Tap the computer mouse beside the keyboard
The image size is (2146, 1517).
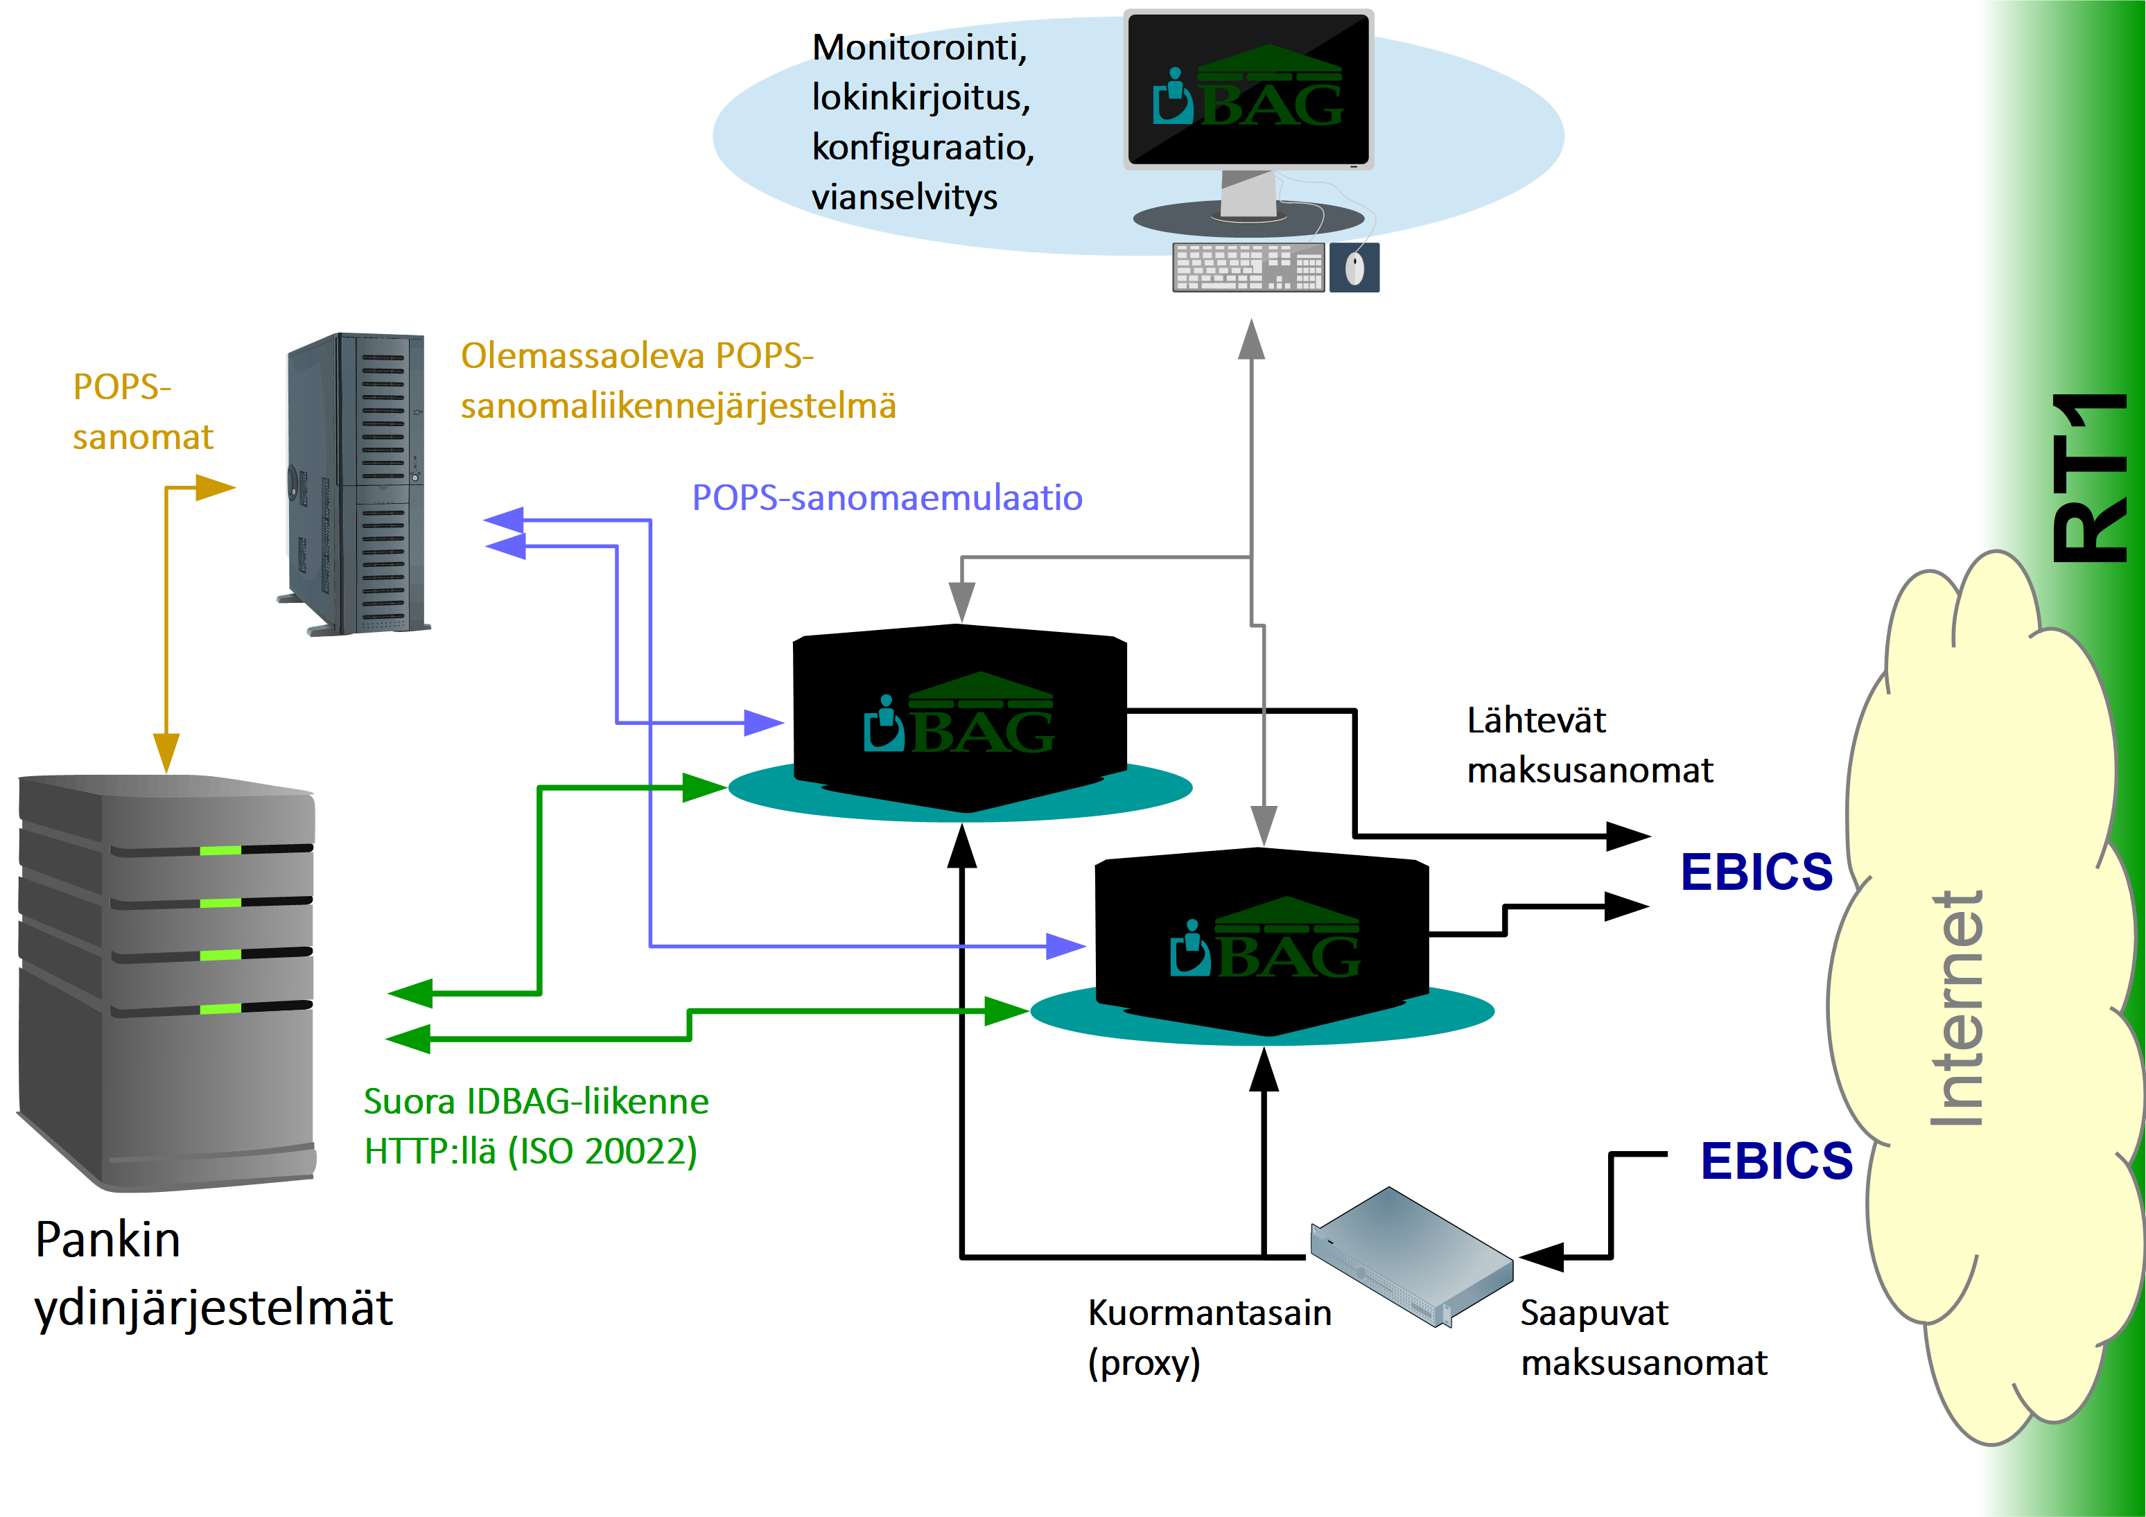1354,268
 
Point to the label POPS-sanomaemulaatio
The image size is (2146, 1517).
886,498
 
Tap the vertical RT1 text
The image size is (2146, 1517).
2090,477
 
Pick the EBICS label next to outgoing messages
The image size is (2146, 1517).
1756,872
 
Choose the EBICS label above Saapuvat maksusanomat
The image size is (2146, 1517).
1776,1161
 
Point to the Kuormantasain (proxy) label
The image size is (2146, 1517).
1209,1338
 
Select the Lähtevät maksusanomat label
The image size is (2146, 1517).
1589,745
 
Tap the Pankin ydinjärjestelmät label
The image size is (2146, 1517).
213,1272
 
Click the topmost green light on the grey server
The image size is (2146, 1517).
220,850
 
